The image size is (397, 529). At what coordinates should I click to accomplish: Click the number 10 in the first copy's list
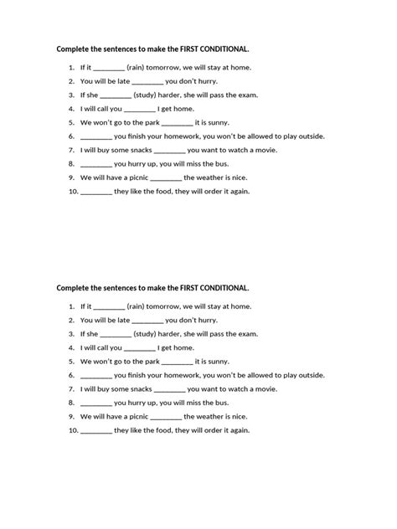(73, 191)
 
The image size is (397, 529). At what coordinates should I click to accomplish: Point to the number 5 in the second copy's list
(73, 361)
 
